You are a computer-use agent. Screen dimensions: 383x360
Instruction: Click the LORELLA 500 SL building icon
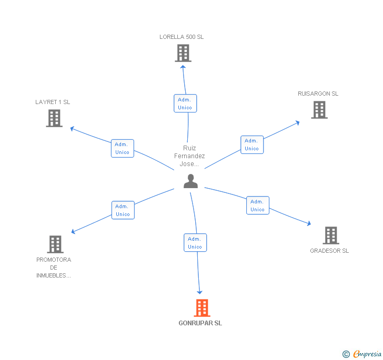[x=183, y=53]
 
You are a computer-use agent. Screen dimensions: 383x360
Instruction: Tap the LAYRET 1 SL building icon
[x=54, y=118]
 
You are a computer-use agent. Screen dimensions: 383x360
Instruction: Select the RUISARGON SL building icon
[x=319, y=110]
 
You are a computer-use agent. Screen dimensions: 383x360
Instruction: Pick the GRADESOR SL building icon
[x=331, y=235]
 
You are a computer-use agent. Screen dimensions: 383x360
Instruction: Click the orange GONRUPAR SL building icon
[x=202, y=308]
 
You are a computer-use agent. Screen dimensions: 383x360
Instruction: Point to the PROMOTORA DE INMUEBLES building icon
[x=55, y=244]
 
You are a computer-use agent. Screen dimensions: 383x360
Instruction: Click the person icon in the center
[x=190, y=181]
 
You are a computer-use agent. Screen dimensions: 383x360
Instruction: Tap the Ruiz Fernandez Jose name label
[x=189, y=156]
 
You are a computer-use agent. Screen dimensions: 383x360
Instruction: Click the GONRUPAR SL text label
[x=200, y=323]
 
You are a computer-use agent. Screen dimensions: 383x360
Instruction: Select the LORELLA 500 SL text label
[x=182, y=37]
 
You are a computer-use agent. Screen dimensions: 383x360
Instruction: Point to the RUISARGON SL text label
[x=318, y=94]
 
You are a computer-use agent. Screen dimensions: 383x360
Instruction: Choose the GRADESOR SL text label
[x=329, y=251]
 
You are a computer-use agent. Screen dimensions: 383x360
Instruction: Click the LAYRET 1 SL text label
[x=53, y=102]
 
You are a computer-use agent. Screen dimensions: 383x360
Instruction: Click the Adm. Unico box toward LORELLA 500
[x=185, y=103]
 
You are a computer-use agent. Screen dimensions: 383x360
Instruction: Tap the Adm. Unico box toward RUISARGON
[x=252, y=145]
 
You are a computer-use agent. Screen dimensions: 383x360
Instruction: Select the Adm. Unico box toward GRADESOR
[x=258, y=205]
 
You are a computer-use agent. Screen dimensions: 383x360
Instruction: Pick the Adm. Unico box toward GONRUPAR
[x=195, y=243]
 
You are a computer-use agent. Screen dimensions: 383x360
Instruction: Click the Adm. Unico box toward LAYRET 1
[x=123, y=148]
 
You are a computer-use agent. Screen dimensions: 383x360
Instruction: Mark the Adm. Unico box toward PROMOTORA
[x=123, y=210]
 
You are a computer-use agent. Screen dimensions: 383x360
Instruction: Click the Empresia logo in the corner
[x=362, y=354]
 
